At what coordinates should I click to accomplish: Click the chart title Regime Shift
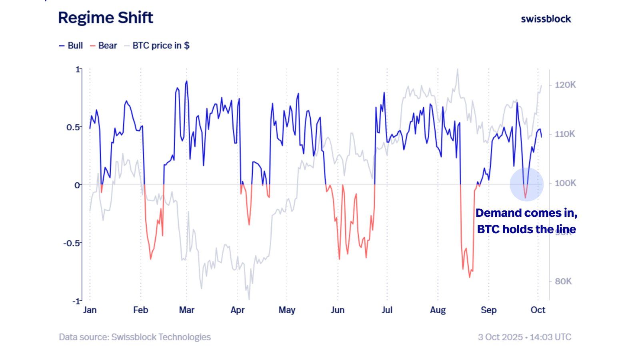pos(106,18)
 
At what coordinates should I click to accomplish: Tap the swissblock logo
pos(546,19)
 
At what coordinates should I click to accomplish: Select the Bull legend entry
pos(71,46)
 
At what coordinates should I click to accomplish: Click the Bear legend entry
pos(104,46)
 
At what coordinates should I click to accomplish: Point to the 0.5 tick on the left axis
pos(73,127)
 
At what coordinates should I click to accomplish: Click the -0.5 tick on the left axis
pos(72,243)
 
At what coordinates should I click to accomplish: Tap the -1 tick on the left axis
pos(76,301)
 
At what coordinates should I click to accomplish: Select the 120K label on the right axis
pos(565,85)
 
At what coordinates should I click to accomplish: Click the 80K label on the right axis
pos(563,282)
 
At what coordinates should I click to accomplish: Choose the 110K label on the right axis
pos(565,134)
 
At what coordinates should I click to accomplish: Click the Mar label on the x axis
pos(186,310)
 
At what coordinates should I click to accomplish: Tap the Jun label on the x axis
pos(338,310)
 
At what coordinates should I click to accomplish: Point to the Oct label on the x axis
pos(538,310)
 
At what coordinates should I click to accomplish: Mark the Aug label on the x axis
pos(438,310)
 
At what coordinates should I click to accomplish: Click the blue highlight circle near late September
pos(526,184)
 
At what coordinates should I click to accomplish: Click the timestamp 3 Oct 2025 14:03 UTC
pos(524,337)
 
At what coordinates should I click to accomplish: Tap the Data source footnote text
pos(135,337)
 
